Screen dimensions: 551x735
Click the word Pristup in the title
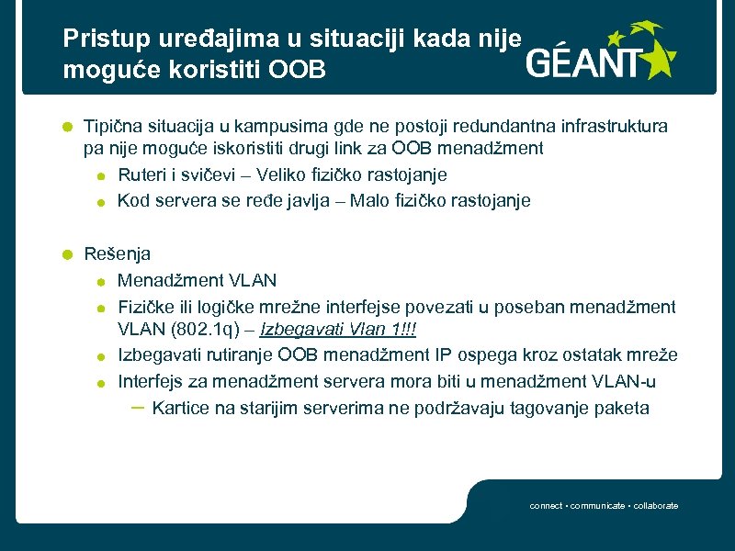pos(96,39)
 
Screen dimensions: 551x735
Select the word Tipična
pos(113,126)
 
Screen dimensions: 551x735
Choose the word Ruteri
pos(142,174)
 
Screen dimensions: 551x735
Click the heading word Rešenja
pos(118,254)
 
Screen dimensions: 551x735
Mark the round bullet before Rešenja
pos(67,255)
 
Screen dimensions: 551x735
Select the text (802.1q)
pos(206,330)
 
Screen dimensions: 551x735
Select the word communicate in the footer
pos(600,506)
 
